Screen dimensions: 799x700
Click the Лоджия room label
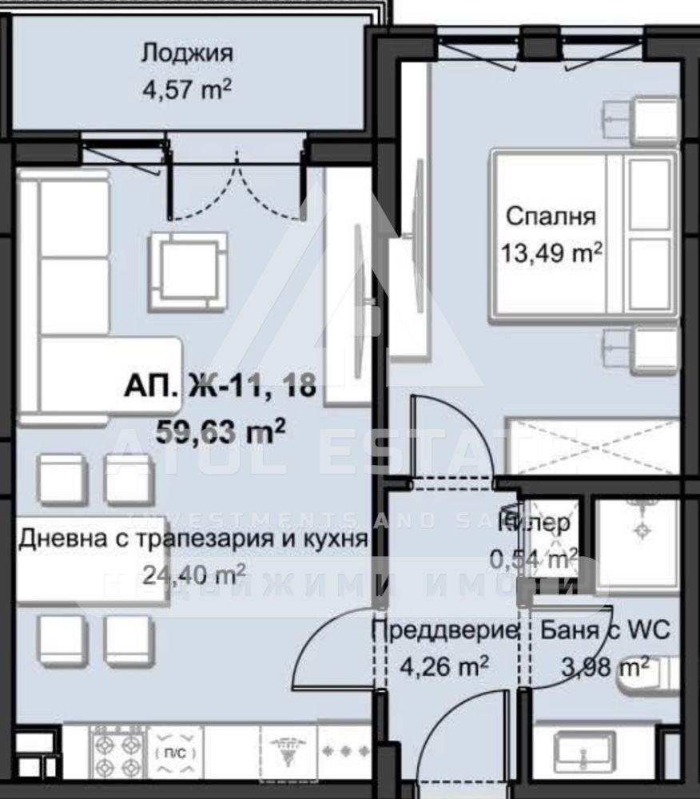(x=187, y=54)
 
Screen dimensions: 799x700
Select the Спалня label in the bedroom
(x=551, y=217)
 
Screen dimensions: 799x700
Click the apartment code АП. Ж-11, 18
(x=220, y=389)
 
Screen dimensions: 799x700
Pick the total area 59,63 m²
(x=221, y=433)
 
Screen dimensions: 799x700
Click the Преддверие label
(x=444, y=630)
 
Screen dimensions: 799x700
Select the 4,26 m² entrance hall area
(x=443, y=665)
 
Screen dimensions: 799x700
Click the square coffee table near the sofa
(x=188, y=272)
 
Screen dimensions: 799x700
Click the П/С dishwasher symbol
(x=173, y=753)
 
